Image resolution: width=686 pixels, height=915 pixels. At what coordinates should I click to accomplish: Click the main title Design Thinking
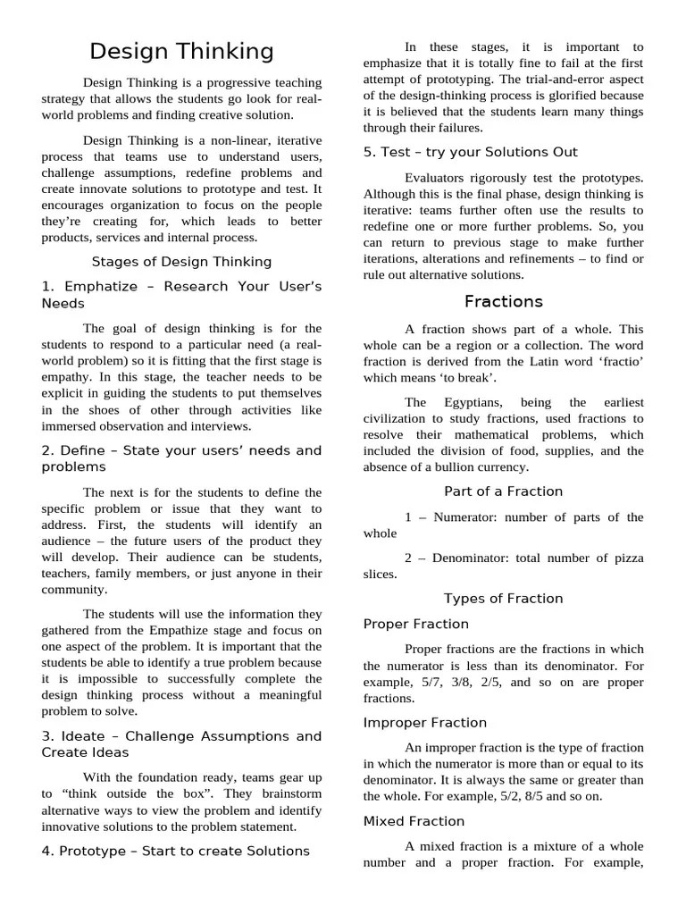coord(182,51)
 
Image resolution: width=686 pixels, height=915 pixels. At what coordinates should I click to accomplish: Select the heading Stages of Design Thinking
coord(181,262)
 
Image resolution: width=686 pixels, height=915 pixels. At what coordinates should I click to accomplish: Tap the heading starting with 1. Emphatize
coord(181,295)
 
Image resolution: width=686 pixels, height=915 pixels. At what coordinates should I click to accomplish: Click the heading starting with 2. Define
coord(181,458)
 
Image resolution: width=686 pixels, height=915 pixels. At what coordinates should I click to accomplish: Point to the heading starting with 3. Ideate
coord(181,744)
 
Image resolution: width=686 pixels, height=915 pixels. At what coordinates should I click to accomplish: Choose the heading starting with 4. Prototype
coord(175,851)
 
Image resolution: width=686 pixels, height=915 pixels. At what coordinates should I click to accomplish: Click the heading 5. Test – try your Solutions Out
coord(470,152)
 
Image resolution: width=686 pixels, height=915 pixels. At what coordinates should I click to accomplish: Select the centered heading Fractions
coord(503,301)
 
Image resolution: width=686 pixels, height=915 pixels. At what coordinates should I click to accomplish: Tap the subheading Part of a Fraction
coord(503,491)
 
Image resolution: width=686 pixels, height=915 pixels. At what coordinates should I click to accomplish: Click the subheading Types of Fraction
coord(503,598)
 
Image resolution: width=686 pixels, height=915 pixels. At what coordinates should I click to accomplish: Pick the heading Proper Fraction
coord(416,624)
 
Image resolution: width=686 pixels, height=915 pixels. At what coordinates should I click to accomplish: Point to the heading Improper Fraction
coord(425,722)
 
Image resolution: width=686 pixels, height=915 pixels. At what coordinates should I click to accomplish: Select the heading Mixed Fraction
coord(414,820)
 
